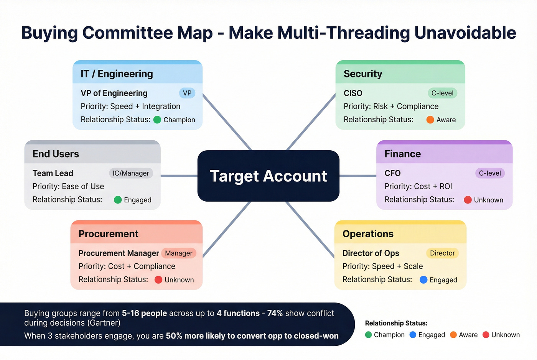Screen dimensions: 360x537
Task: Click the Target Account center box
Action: click(x=268, y=176)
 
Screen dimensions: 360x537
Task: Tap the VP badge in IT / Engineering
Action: click(x=187, y=93)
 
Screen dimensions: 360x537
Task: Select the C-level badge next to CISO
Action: click(x=442, y=93)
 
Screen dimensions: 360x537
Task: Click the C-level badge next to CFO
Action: click(x=490, y=173)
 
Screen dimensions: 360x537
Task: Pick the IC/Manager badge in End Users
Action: click(x=131, y=173)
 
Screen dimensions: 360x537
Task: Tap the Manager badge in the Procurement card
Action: click(x=179, y=253)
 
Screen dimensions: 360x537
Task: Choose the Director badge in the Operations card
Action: click(x=442, y=253)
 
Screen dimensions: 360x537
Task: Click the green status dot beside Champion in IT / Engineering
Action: click(x=157, y=120)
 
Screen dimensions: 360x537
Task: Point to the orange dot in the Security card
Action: click(x=430, y=120)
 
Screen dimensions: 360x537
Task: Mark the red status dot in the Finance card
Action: click(x=468, y=200)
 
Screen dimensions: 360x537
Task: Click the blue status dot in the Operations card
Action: click(x=423, y=280)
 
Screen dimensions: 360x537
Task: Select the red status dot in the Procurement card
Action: click(x=158, y=280)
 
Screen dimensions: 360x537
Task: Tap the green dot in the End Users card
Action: click(x=118, y=200)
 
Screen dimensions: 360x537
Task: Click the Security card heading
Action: click(x=363, y=74)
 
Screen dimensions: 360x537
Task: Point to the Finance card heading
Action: click(x=403, y=154)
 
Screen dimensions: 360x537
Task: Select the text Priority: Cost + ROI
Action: click(x=418, y=186)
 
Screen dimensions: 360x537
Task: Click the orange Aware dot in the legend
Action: click(x=453, y=335)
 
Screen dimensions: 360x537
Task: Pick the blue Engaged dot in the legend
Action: click(x=413, y=335)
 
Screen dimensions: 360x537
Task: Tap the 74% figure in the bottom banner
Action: click(x=275, y=313)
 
